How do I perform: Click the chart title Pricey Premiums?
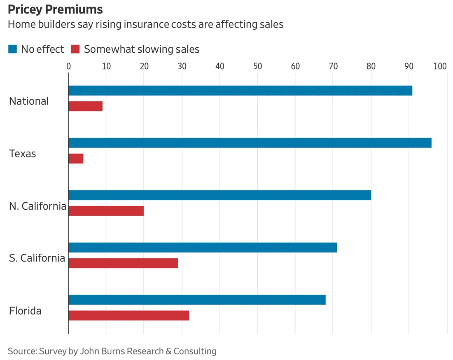pos(55,9)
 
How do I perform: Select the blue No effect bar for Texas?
pos(250,143)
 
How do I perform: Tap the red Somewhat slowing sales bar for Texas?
pos(76,159)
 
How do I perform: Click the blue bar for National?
pos(240,91)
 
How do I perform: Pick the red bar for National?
pos(85,106)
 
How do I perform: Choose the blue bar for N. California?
pos(219,195)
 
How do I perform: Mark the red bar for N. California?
pos(106,211)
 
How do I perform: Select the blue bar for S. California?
pos(203,248)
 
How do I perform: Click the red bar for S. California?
pos(123,263)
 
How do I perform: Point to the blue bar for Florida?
pos(197,300)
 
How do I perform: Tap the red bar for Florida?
pos(128,316)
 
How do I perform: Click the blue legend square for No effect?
pos(12,49)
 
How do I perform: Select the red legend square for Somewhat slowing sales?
pos(75,49)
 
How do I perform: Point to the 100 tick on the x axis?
pos(440,66)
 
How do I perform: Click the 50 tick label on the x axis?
pos(257,66)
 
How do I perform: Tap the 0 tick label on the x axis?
pos(68,66)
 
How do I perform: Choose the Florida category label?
pos(25,311)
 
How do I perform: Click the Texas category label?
pos(22,154)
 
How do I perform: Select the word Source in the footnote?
pos(21,351)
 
